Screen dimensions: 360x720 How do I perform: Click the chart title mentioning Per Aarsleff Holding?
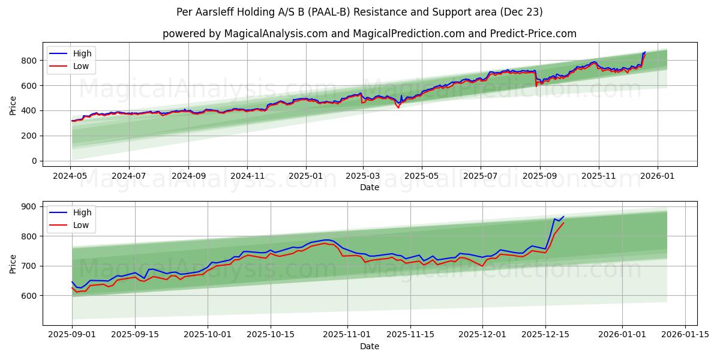(360, 12)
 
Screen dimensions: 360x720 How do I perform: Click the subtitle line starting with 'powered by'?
(369, 34)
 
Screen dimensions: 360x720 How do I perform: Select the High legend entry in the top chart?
(82, 53)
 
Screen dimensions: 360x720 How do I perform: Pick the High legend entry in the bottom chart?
(82, 212)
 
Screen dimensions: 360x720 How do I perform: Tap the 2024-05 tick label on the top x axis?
(71, 176)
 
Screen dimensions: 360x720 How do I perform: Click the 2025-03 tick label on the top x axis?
(363, 176)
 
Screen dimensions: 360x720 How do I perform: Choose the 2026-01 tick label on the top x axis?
(657, 176)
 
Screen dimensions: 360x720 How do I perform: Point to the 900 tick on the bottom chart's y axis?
(28, 206)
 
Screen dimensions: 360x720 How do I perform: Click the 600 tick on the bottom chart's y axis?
(28, 296)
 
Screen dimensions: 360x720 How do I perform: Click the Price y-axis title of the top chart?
(13, 106)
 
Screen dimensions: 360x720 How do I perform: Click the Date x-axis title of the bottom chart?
(369, 346)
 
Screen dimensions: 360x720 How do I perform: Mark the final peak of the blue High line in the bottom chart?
(563, 217)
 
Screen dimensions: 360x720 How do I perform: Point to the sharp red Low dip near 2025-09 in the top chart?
(536, 86)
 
